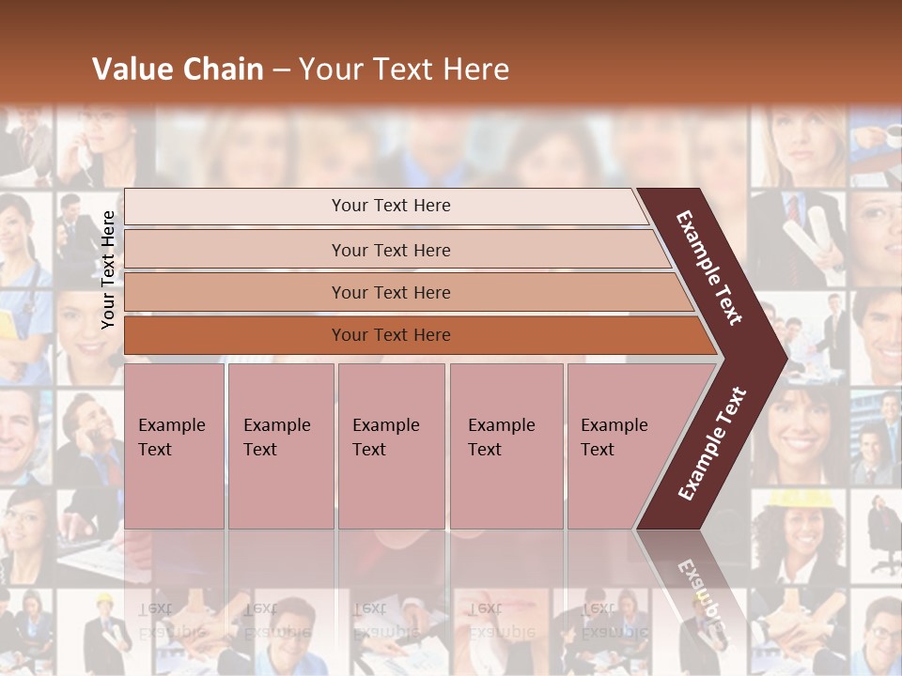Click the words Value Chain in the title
pyautogui.click(x=178, y=69)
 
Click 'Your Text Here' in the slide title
pyautogui.click(x=404, y=69)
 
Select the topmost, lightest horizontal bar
pyautogui.click(x=391, y=206)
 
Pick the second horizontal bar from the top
pyautogui.click(x=391, y=250)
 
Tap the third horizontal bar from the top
pyautogui.click(x=391, y=292)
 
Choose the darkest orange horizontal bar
pyautogui.click(x=391, y=335)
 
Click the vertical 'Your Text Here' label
pyautogui.click(x=109, y=269)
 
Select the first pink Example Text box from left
pyautogui.click(x=174, y=446)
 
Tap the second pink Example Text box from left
pyautogui.click(x=280, y=446)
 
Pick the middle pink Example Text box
pyautogui.click(x=391, y=446)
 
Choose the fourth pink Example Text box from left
pyautogui.click(x=505, y=446)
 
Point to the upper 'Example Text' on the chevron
pyautogui.click(x=709, y=268)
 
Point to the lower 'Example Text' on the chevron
pyautogui.click(x=712, y=443)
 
